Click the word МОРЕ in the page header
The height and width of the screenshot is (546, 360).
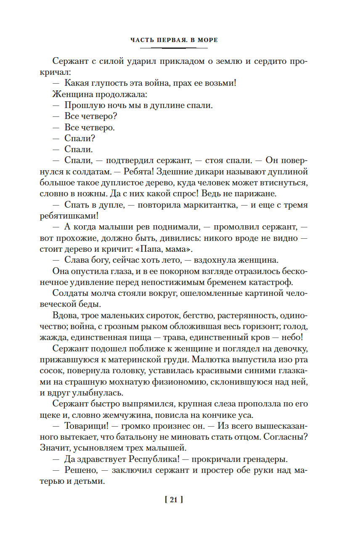[207, 41]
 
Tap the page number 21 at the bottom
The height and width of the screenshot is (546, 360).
[173, 500]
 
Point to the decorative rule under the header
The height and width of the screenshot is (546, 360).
[173, 48]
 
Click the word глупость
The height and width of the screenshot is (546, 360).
[106, 83]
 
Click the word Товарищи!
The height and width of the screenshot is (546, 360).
[87, 426]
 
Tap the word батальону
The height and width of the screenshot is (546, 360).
[121, 437]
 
